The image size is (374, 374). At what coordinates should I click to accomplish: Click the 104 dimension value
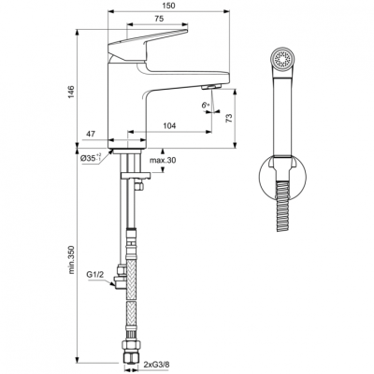click(170, 126)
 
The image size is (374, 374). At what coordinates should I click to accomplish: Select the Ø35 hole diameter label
click(93, 159)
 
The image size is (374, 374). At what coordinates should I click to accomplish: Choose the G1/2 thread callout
click(94, 275)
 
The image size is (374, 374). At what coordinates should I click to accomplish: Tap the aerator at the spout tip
click(209, 89)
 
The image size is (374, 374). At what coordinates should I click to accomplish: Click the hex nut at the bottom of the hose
click(133, 356)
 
